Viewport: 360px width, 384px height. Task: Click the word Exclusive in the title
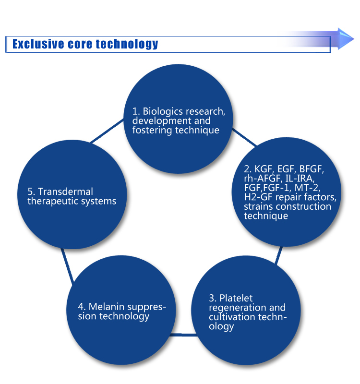click(38, 44)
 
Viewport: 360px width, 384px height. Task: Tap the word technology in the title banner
click(127, 44)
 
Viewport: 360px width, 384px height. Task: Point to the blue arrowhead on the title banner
click(346, 39)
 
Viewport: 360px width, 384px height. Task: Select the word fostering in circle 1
click(152, 130)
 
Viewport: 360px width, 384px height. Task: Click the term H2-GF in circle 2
click(258, 197)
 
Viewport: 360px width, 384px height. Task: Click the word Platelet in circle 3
click(236, 298)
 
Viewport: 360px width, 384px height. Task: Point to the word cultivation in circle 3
click(232, 317)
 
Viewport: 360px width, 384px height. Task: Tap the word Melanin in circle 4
click(107, 307)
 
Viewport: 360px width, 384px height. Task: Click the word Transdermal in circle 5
click(66, 192)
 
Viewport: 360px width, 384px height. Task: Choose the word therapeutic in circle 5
click(53, 201)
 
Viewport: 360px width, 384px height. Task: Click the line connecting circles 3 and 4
click(183, 335)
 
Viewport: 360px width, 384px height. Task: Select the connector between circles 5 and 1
click(107, 131)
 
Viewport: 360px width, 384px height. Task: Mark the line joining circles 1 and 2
click(244, 137)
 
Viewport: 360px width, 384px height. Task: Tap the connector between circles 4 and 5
click(67, 266)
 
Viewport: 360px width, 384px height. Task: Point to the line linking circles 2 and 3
click(279, 255)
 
